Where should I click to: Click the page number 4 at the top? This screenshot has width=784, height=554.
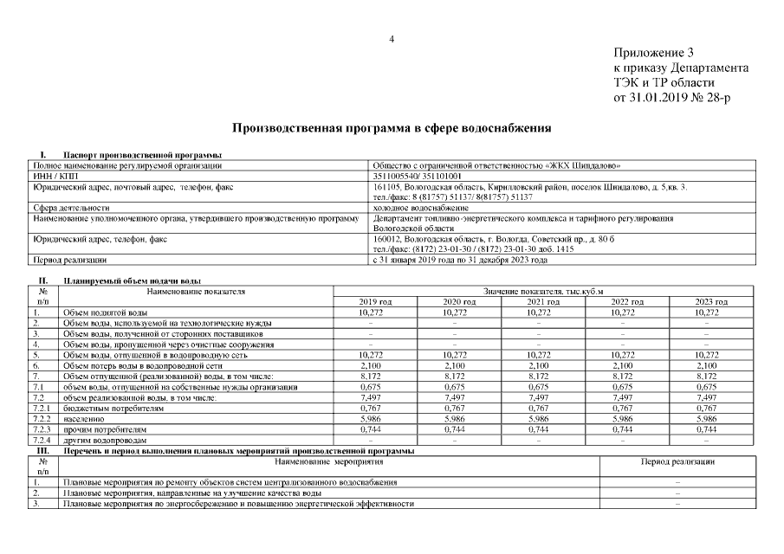pyautogui.click(x=392, y=39)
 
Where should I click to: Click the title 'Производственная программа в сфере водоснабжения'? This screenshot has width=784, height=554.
pyautogui.click(x=392, y=127)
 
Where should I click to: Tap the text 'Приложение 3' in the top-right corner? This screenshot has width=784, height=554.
pyautogui.click(x=654, y=53)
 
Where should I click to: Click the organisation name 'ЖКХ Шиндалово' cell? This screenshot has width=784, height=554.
pyautogui.click(x=496, y=164)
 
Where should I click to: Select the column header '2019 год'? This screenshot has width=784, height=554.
pyautogui.click(x=376, y=301)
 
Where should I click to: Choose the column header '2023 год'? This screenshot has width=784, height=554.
pyautogui.click(x=711, y=301)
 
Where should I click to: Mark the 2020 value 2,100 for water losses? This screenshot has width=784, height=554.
pyautogui.click(x=460, y=365)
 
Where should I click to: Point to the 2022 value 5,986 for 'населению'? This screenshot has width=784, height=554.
pyautogui.click(x=628, y=418)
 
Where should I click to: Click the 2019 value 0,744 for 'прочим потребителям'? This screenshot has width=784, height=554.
pyautogui.click(x=376, y=429)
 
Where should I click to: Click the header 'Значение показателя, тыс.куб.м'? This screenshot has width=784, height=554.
pyautogui.click(x=544, y=292)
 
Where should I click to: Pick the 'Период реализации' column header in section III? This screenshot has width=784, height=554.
pyautogui.click(x=677, y=463)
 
